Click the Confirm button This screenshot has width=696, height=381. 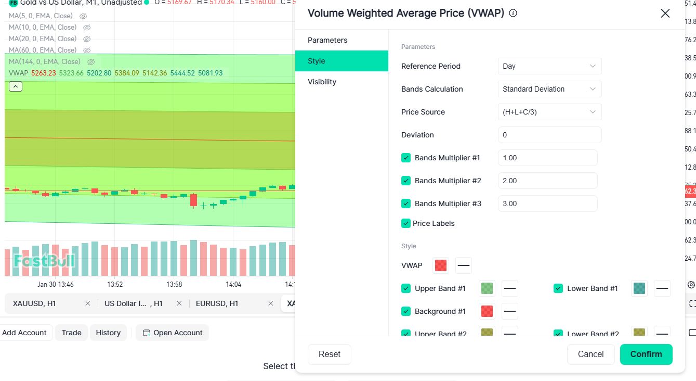[x=646, y=354]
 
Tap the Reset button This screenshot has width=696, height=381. [x=330, y=354]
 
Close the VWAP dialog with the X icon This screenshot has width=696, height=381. [x=665, y=14]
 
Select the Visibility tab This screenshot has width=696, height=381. [x=322, y=82]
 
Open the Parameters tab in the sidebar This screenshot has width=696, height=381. [x=327, y=40]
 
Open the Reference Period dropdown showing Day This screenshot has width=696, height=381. [x=549, y=66]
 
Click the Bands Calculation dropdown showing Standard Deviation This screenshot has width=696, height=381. [x=549, y=89]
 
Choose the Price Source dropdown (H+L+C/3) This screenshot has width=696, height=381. [x=549, y=112]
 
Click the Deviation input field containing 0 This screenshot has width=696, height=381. [x=549, y=135]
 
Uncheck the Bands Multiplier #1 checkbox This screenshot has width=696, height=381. [x=406, y=158]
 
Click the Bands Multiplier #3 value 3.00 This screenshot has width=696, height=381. [x=547, y=204]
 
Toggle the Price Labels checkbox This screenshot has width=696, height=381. [x=406, y=223]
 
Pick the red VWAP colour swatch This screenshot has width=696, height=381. [x=441, y=265]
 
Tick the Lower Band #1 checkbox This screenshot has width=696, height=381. [x=558, y=288]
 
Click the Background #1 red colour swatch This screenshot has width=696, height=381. [x=487, y=311]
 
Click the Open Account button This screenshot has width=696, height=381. [x=173, y=333]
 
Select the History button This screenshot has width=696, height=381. [x=108, y=333]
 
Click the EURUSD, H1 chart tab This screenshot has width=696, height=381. [x=217, y=303]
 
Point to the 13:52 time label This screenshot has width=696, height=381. [x=115, y=285]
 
